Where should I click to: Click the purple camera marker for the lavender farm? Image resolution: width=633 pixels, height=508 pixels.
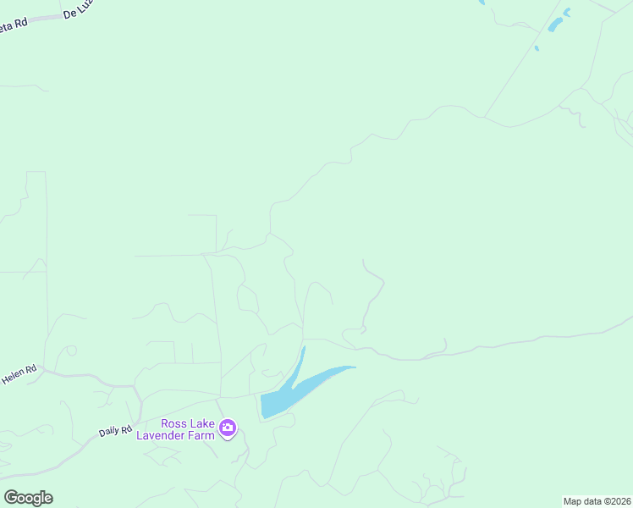[227, 428]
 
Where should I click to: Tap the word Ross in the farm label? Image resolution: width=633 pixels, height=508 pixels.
[176, 423]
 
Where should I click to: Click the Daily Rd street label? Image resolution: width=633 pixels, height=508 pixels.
[114, 431]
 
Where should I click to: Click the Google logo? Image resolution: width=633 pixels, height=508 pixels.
[28, 498]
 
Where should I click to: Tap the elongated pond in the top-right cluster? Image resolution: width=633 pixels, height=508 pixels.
[555, 25]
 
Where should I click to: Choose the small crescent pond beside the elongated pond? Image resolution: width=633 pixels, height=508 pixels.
[567, 12]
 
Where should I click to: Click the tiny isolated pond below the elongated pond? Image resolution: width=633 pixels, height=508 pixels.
[537, 47]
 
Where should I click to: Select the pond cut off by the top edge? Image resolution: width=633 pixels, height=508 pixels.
[482, 3]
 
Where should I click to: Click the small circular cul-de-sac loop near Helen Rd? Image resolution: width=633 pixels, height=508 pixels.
[71, 351]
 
